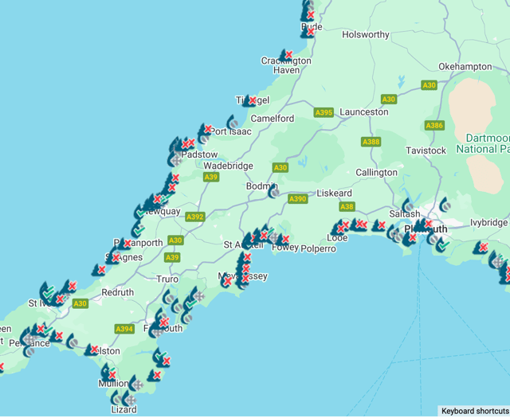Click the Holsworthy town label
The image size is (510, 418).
pos(366,35)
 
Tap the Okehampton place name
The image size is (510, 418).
pos(465,67)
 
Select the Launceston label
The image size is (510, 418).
pos(364,112)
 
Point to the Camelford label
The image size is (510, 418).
pos(273,119)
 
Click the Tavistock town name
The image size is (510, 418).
pos(426,150)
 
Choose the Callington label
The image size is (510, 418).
pos(376,173)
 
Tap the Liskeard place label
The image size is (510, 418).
pos(335,193)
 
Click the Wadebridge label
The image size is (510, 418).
pos(228,166)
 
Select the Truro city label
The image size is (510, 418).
pos(167,279)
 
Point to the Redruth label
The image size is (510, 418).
pos(118,293)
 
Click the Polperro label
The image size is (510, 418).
pos(319,249)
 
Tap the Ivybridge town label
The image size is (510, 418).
pos(488,223)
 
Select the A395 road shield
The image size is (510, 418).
pos(324,113)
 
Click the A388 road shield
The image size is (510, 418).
pos(371,143)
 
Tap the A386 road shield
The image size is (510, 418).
pos(434,126)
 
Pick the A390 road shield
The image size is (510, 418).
pos(298,199)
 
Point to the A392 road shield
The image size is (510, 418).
pos(195,217)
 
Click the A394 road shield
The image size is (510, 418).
pos(124,329)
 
